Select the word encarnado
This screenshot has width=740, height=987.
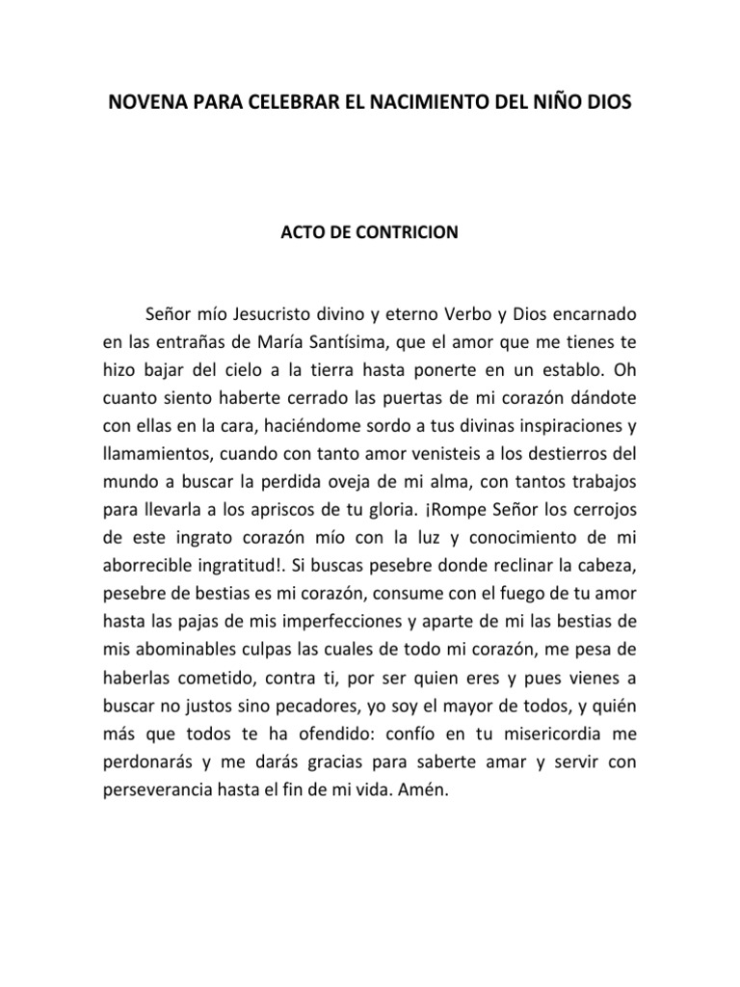pyautogui.click(x=589, y=314)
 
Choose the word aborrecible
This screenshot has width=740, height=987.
pyautogui.click(x=149, y=561)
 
